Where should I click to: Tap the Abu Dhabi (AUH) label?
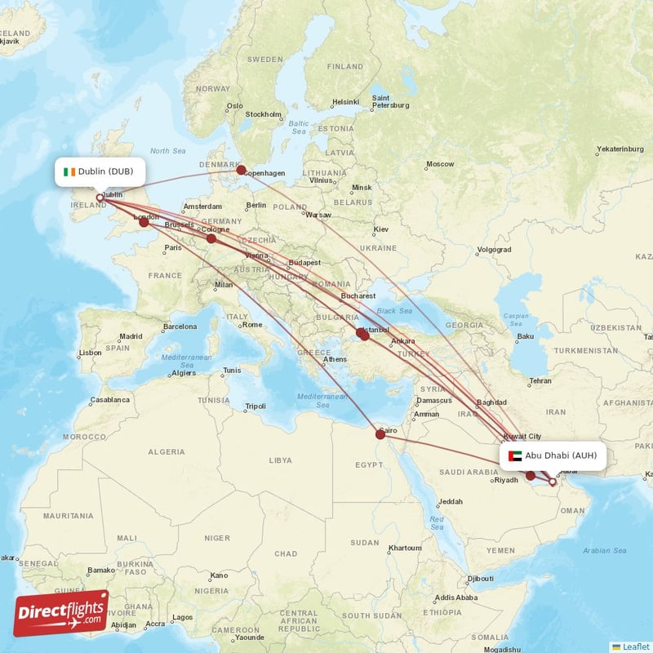pos(560,455)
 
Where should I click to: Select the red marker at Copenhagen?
pos(241,170)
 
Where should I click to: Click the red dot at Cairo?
pos(380,434)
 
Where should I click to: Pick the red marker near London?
pos(144,221)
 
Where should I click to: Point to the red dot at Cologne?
pos(211,238)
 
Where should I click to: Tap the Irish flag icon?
pos(71,171)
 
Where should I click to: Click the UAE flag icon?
pos(514,455)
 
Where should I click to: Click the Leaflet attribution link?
pos(635,646)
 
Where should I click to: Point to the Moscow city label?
pos(440,164)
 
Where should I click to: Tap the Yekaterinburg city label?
pos(620,149)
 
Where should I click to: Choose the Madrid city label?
pos(131,336)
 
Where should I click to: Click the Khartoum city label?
pos(405,548)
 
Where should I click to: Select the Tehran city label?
pos(540,381)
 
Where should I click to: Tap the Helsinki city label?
pos(345,102)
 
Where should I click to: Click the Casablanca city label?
pos(109,400)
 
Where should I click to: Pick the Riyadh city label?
pos(507,480)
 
